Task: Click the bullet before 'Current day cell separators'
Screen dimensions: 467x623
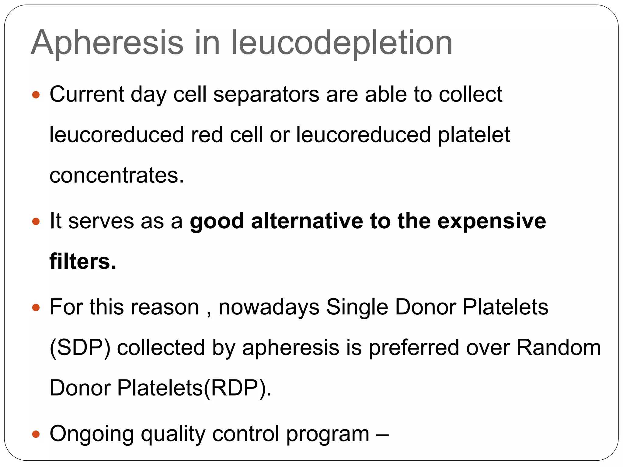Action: (36, 95)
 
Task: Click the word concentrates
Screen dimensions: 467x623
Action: (117, 175)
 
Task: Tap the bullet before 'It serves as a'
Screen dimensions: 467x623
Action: (36, 221)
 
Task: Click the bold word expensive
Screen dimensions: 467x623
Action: (492, 221)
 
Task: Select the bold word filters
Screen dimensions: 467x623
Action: (83, 261)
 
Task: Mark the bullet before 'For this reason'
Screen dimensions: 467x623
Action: (36, 308)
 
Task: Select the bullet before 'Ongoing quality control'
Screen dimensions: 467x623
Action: (36, 434)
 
